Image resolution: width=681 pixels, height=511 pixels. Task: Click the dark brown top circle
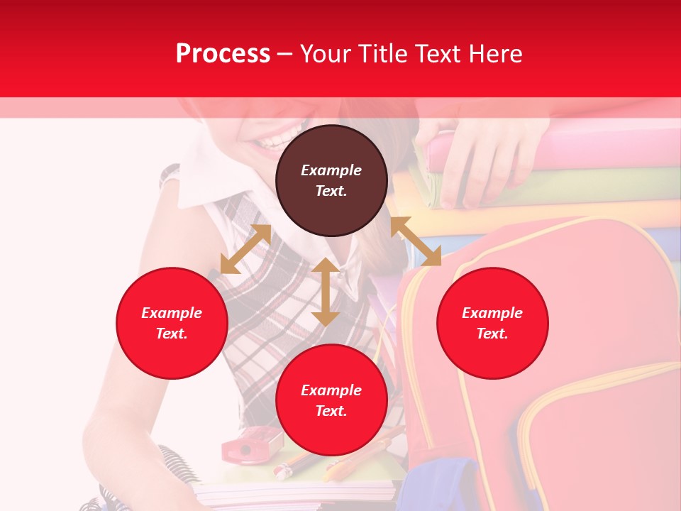click(331, 181)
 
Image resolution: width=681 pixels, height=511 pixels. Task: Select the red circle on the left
click(172, 323)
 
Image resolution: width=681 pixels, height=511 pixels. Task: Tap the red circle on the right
click(492, 323)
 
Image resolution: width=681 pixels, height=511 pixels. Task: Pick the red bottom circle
click(331, 400)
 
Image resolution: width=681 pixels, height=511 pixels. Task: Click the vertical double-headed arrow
click(326, 292)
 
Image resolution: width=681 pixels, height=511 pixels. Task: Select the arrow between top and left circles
click(245, 249)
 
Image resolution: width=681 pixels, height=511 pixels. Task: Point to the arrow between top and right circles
click(416, 241)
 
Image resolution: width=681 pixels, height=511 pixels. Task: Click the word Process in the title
click(223, 53)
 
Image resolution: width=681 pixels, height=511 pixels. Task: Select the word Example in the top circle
click(331, 170)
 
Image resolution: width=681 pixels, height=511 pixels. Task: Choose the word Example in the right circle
click(492, 313)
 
